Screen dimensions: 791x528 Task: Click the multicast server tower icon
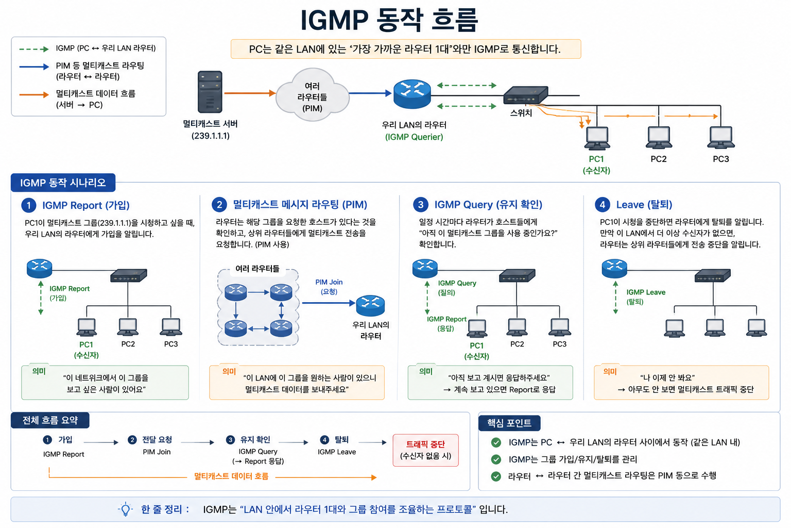[x=210, y=92]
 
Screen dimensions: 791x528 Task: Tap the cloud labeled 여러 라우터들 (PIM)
[x=312, y=95]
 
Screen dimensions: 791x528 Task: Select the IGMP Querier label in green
[x=414, y=137]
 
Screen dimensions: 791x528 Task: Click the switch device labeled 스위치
[x=525, y=95]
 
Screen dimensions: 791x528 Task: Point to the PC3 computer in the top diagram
[x=721, y=138]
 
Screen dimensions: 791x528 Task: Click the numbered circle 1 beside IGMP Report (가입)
[x=29, y=205]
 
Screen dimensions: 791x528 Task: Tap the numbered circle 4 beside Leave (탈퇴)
[x=603, y=204]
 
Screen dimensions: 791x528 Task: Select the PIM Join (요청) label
[x=329, y=287]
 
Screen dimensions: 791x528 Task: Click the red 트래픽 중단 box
[x=425, y=450]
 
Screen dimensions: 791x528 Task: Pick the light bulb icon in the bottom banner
[x=125, y=509]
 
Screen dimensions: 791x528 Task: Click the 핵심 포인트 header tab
[x=509, y=423]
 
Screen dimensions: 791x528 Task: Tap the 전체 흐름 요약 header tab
[x=50, y=420]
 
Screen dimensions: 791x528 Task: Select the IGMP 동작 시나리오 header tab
[x=63, y=183]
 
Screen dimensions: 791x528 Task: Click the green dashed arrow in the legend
[x=34, y=49]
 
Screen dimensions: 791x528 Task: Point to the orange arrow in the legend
[x=34, y=94]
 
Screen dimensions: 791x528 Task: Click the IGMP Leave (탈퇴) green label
[x=645, y=296]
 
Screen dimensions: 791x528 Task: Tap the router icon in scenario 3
[x=425, y=269]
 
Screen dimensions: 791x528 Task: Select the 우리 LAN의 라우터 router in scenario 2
[x=370, y=306]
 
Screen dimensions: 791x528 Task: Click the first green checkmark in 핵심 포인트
[x=496, y=442]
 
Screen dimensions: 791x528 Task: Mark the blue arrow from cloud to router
[x=370, y=93]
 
